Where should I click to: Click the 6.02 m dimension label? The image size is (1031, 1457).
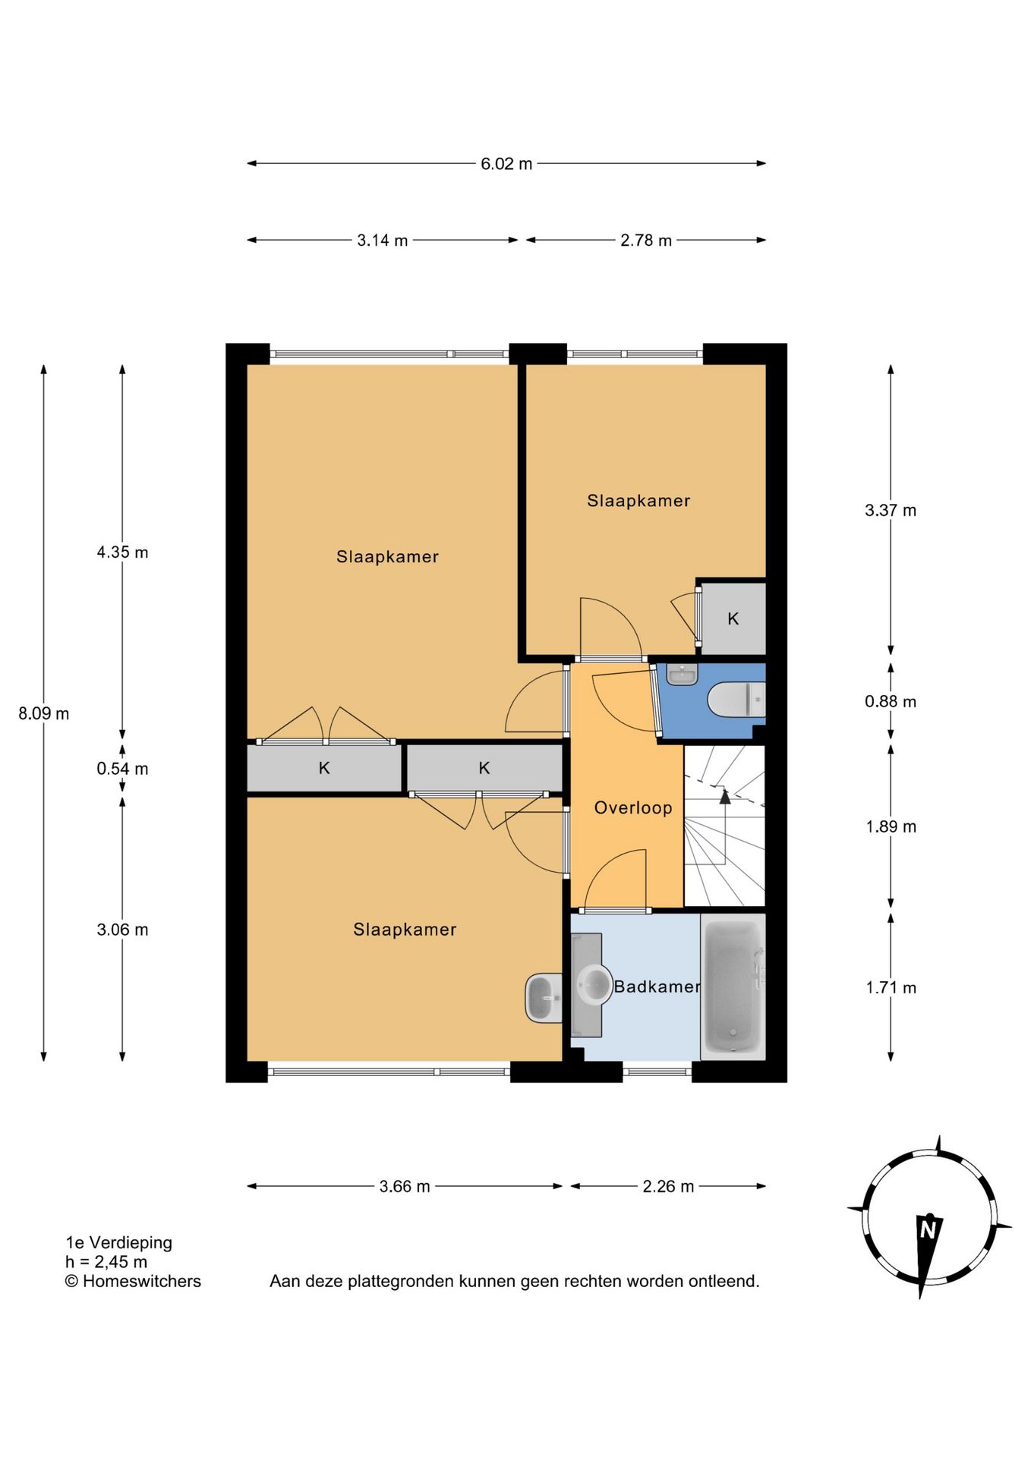pos(506,164)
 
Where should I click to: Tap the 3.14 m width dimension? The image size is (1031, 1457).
pos(383,241)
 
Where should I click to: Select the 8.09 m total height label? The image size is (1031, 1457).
pos(44,713)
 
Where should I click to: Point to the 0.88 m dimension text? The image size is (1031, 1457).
pos(891,701)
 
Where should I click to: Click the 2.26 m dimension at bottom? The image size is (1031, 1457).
pos(668,1186)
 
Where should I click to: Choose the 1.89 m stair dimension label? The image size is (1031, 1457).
pos(891,826)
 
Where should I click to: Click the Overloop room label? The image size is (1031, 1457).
pos(633,807)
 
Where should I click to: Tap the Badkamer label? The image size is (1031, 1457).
pos(657,987)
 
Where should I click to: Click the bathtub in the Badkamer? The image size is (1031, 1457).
pos(733,987)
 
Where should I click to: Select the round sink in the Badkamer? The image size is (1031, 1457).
pos(594,985)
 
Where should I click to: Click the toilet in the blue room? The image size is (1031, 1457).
pos(736,699)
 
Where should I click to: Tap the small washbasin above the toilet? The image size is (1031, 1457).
pos(682,675)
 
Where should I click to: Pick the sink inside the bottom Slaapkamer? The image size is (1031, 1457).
pos(544,998)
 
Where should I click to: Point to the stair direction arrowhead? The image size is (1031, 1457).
pos(725,796)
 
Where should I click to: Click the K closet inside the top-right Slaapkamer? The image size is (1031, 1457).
pos(733,618)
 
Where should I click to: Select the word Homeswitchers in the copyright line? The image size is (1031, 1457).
pos(142,1281)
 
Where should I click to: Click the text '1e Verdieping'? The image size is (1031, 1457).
pos(119,1242)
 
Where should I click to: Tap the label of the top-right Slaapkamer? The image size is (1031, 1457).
pos(638,501)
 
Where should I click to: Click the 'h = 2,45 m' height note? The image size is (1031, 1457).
pos(106,1262)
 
